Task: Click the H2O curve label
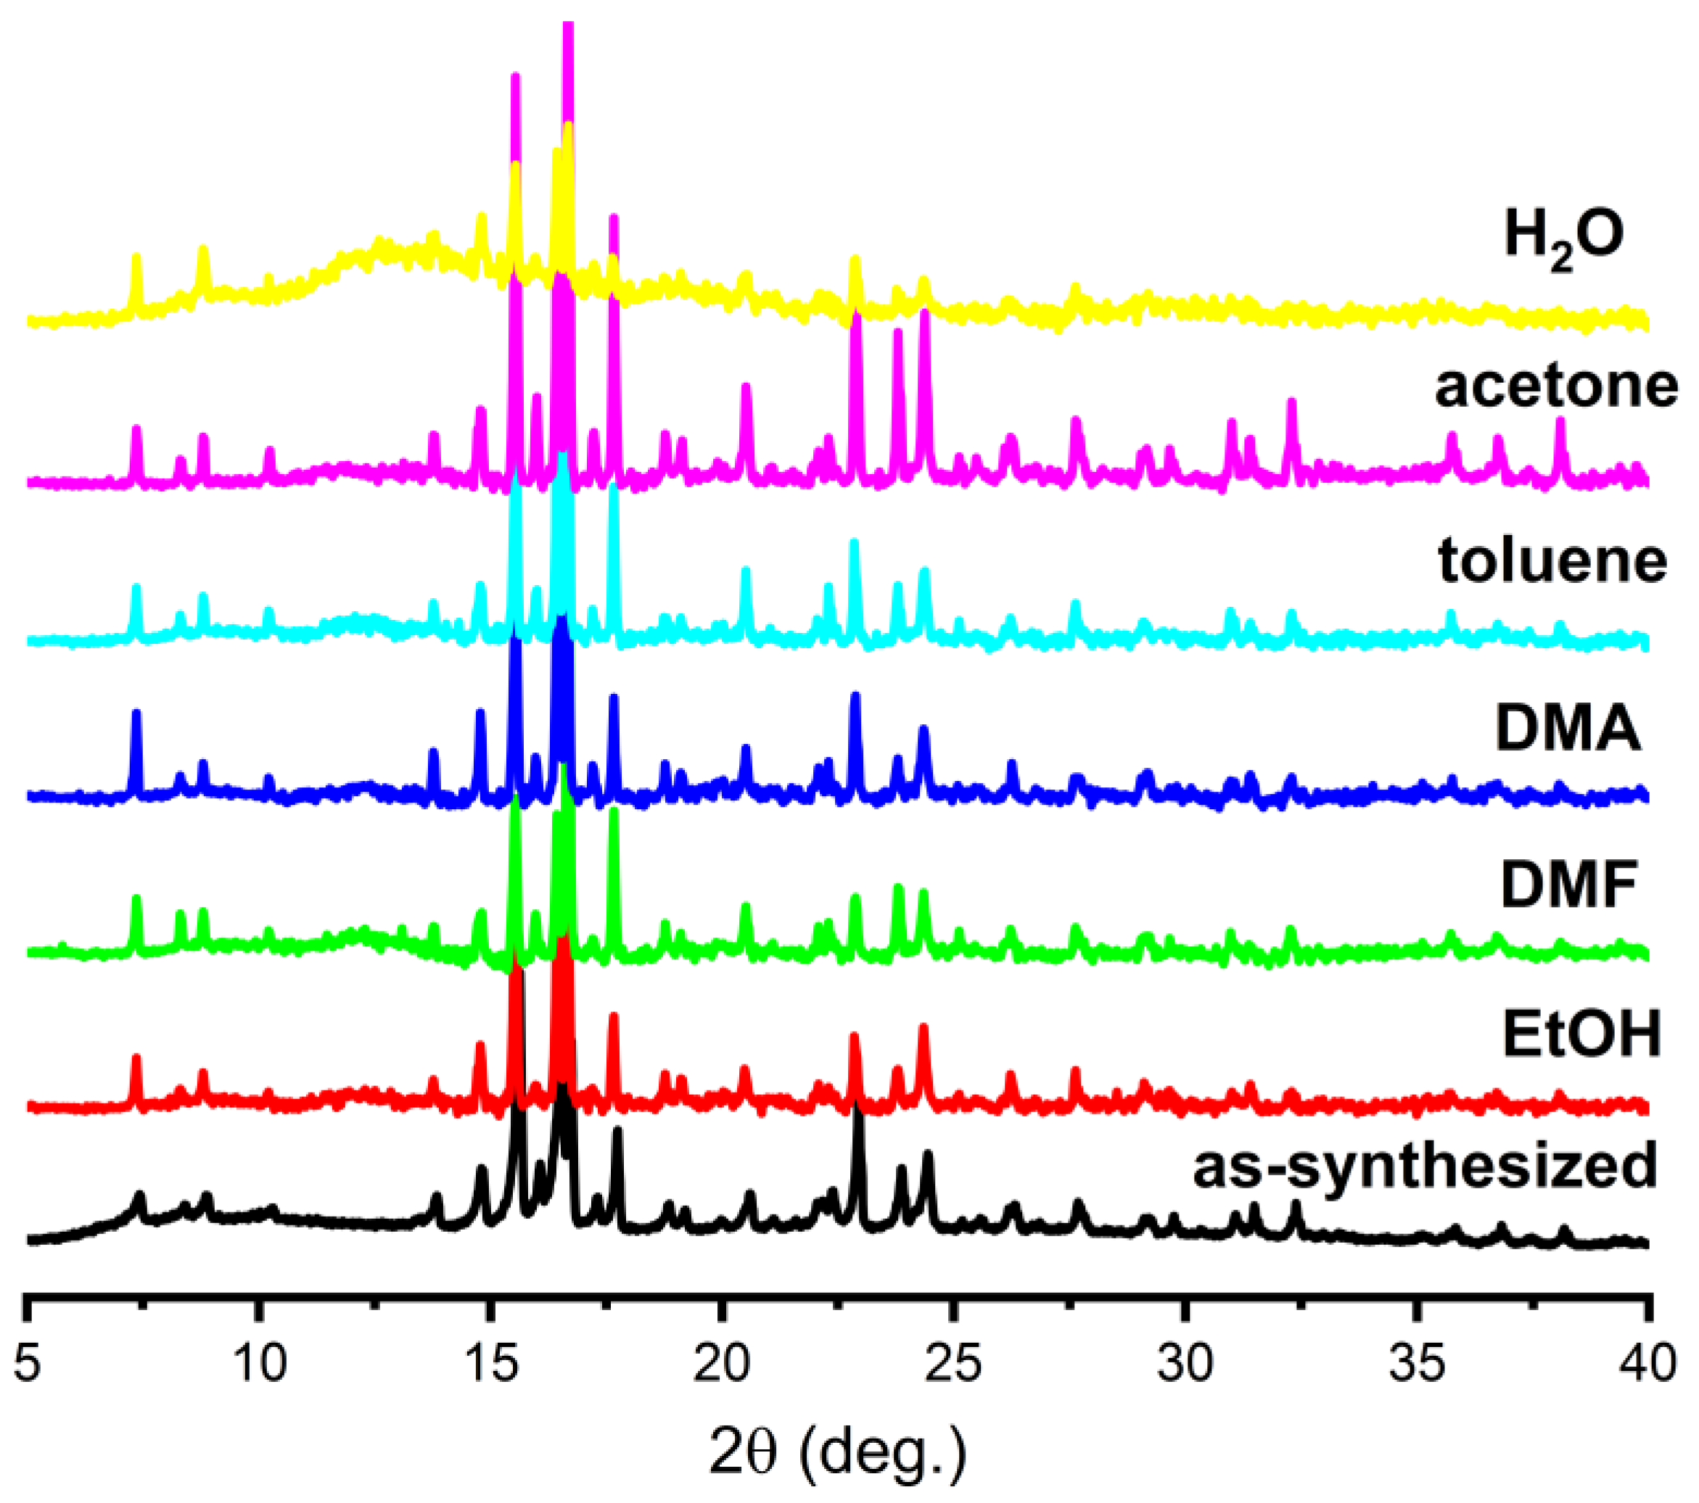pyautogui.click(x=1563, y=239)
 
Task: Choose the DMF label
pyautogui.click(x=1568, y=886)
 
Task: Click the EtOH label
pyautogui.click(x=1581, y=1035)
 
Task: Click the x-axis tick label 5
pyautogui.click(x=28, y=1365)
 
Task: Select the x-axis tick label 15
pyautogui.click(x=490, y=1365)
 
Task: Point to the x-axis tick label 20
pyautogui.click(x=722, y=1365)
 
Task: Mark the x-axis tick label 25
pyautogui.click(x=953, y=1365)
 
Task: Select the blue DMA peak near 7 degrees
pyautogui.click(x=136, y=713)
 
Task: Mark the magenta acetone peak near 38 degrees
pyautogui.click(x=1560, y=421)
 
